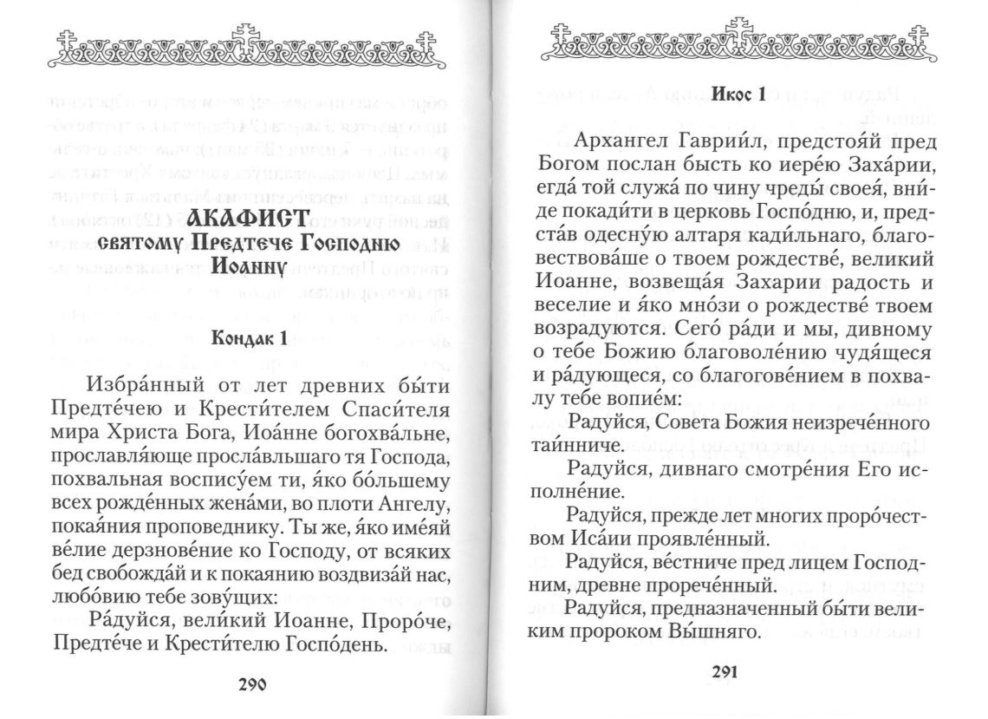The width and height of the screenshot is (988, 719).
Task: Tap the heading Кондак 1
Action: tap(249, 339)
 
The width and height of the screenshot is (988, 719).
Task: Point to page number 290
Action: tap(252, 684)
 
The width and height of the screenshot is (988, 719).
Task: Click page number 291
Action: tap(724, 672)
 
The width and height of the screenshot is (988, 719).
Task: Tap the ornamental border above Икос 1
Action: tap(740, 41)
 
